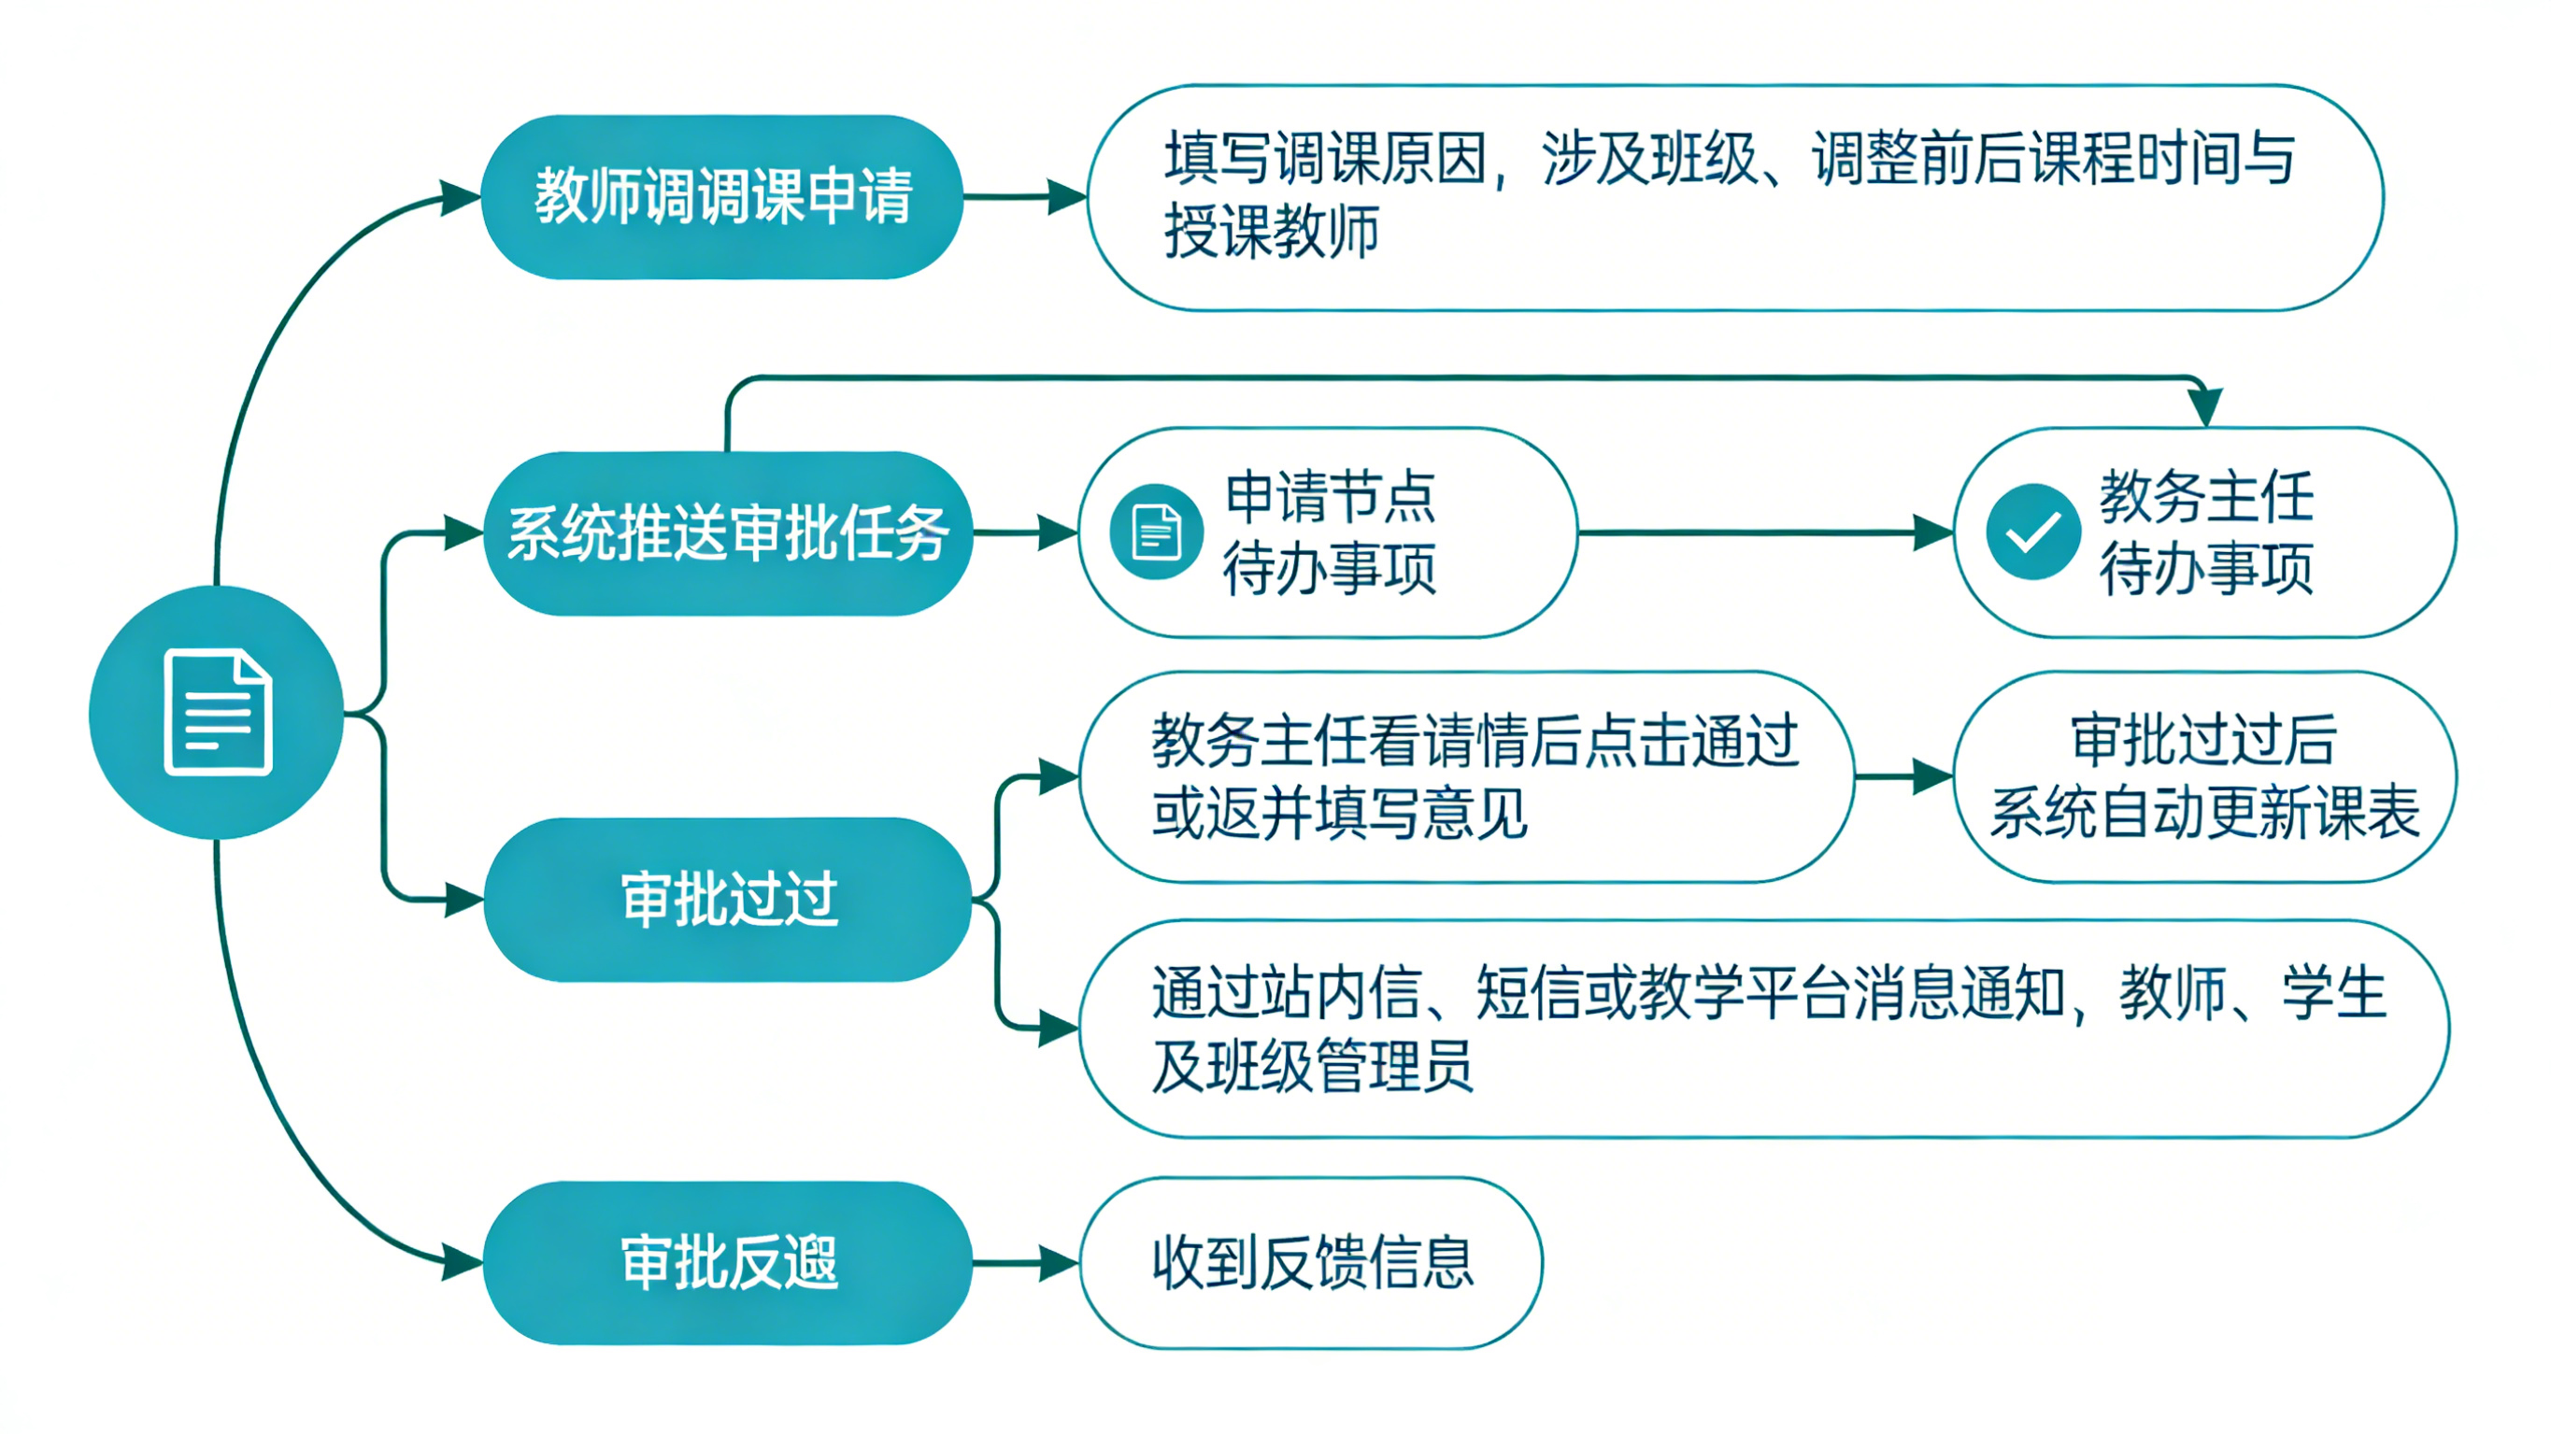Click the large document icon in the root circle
click(218, 711)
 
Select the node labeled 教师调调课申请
click(722, 196)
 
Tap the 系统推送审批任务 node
click(727, 532)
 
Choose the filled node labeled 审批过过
click(728, 900)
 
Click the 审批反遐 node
click(728, 1263)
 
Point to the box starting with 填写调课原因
click(1733, 198)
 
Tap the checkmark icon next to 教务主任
click(2032, 532)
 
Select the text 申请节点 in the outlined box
click(1329, 497)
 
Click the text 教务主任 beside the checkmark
click(2206, 497)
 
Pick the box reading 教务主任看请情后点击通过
click(1465, 777)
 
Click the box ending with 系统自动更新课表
click(2204, 777)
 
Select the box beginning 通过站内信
click(1762, 1029)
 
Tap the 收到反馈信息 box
click(1311, 1263)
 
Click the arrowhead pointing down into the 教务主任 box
click(2205, 407)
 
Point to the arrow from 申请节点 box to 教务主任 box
click(1762, 532)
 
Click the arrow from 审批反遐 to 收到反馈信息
click(1025, 1263)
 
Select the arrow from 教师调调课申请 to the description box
click(1025, 196)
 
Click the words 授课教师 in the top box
click(1272, 233)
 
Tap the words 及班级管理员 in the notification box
click(1312, 1067)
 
